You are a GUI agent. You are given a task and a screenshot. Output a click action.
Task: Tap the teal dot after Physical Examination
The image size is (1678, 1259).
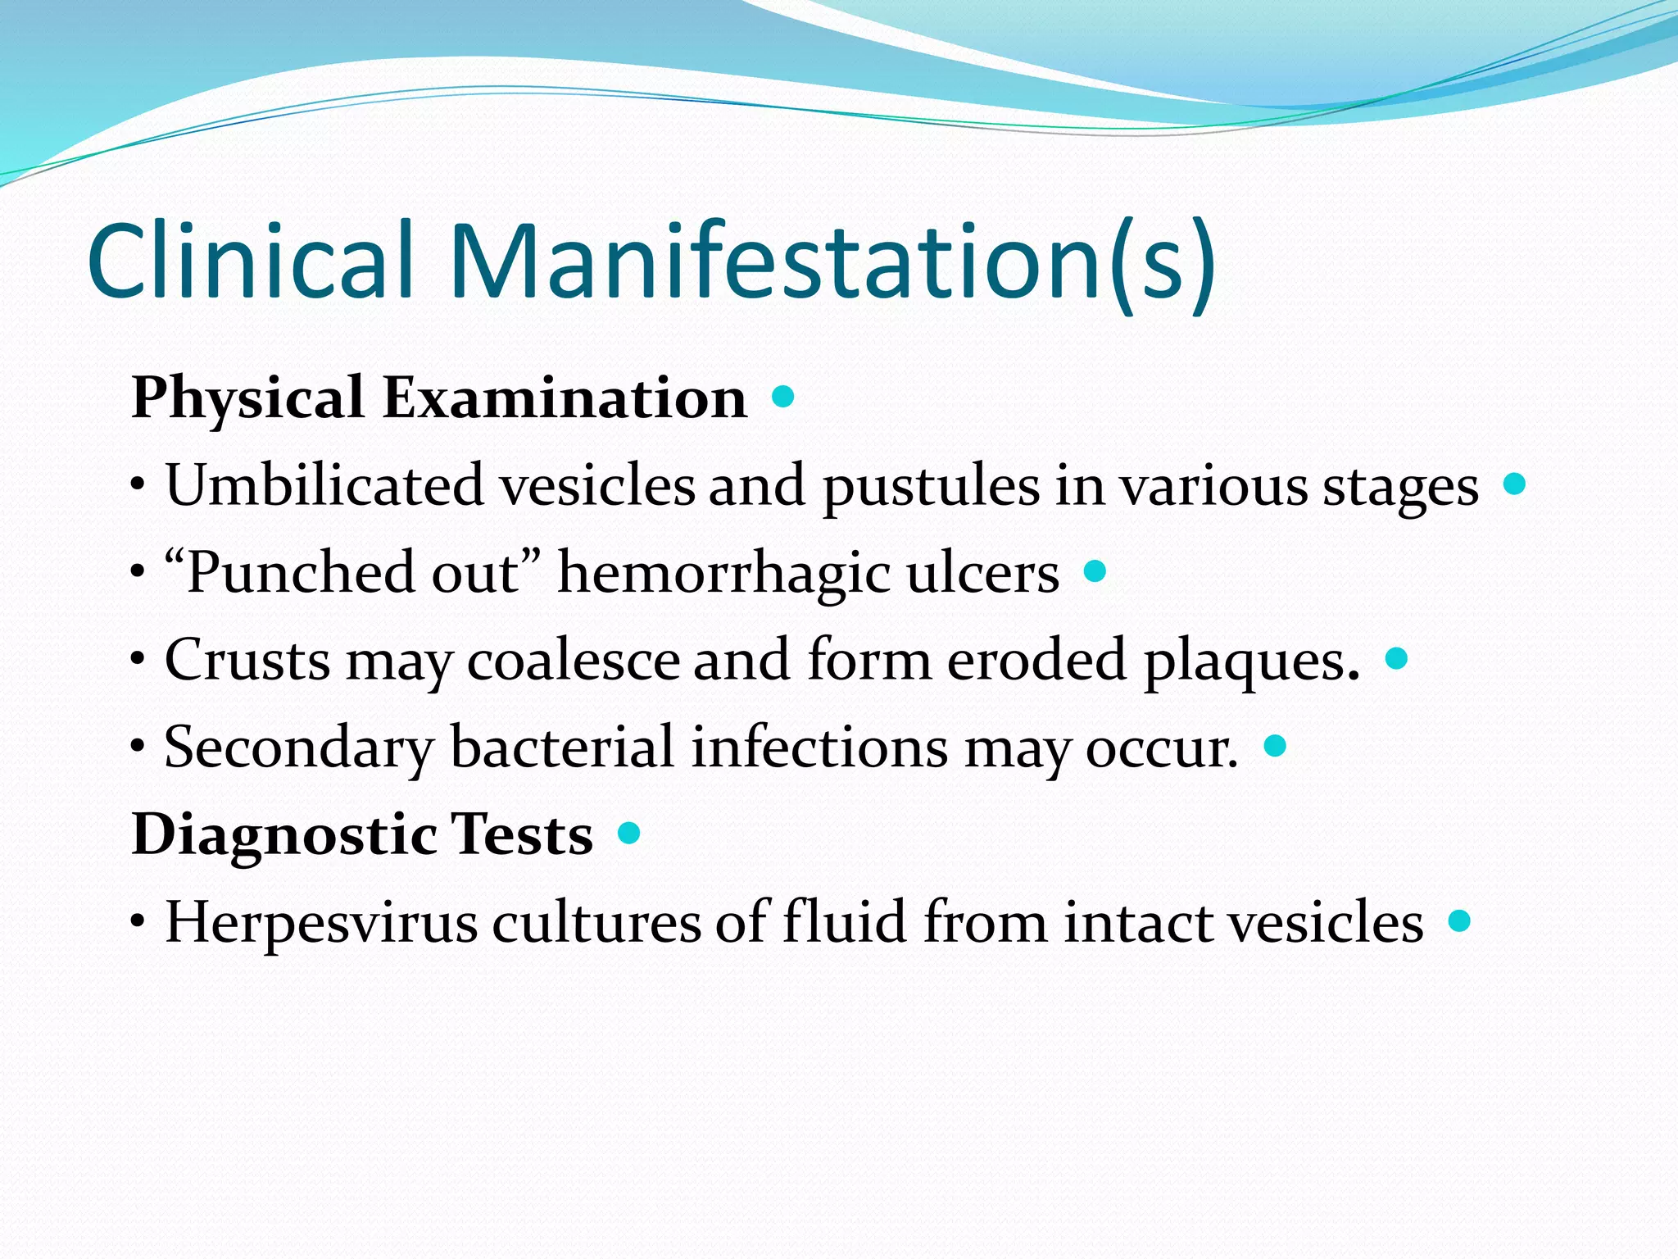coord(783,398)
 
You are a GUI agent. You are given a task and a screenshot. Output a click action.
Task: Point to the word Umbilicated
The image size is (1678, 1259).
coord(324,485)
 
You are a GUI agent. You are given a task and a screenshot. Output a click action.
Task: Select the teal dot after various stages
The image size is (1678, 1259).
coord(1515,484)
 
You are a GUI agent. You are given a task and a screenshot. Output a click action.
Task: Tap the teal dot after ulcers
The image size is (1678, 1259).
coord(1095,570)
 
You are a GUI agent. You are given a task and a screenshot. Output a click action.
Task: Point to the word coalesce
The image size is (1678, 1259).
coord(574,660)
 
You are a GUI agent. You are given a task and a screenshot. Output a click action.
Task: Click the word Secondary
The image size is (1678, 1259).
coord(299,748)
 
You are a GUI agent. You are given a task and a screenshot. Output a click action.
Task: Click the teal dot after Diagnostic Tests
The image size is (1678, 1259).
coord(628,834)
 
